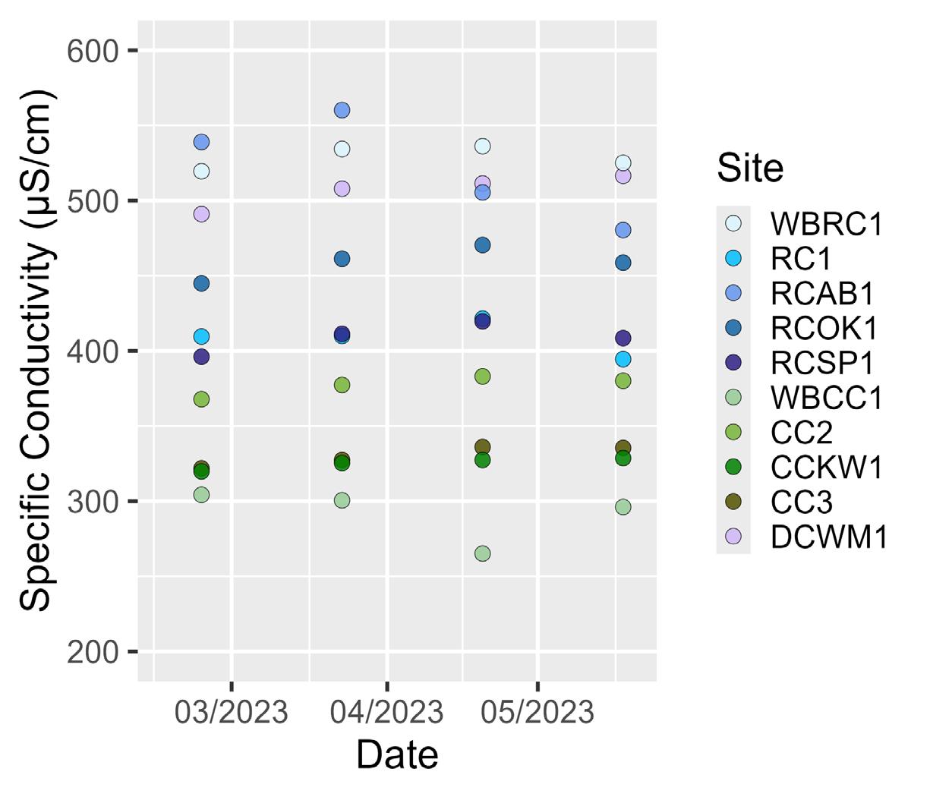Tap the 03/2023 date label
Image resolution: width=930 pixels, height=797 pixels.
232,713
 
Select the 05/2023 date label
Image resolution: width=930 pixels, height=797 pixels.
538,713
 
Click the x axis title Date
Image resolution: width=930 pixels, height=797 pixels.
397,755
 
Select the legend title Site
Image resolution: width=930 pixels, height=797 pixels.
750,169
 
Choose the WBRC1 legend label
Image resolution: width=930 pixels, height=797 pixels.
827,223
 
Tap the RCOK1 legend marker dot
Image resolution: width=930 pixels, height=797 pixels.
733,328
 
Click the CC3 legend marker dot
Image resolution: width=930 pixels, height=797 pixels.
733,502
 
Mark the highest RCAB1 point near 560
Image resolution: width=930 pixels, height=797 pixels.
342,110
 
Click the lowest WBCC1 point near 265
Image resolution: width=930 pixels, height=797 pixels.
482,553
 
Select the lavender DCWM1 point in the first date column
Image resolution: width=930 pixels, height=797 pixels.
201,215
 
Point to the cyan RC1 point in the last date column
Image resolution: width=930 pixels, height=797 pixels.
623,359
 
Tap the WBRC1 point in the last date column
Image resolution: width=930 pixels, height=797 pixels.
623,163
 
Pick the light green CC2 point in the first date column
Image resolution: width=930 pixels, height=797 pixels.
201,399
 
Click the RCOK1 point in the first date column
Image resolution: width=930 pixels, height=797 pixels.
201,284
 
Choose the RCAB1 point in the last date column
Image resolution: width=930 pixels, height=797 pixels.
623,230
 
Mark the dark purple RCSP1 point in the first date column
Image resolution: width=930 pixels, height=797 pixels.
201,357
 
